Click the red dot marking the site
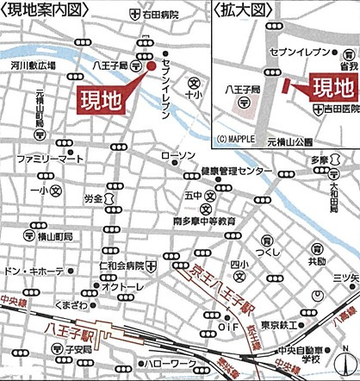150,66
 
